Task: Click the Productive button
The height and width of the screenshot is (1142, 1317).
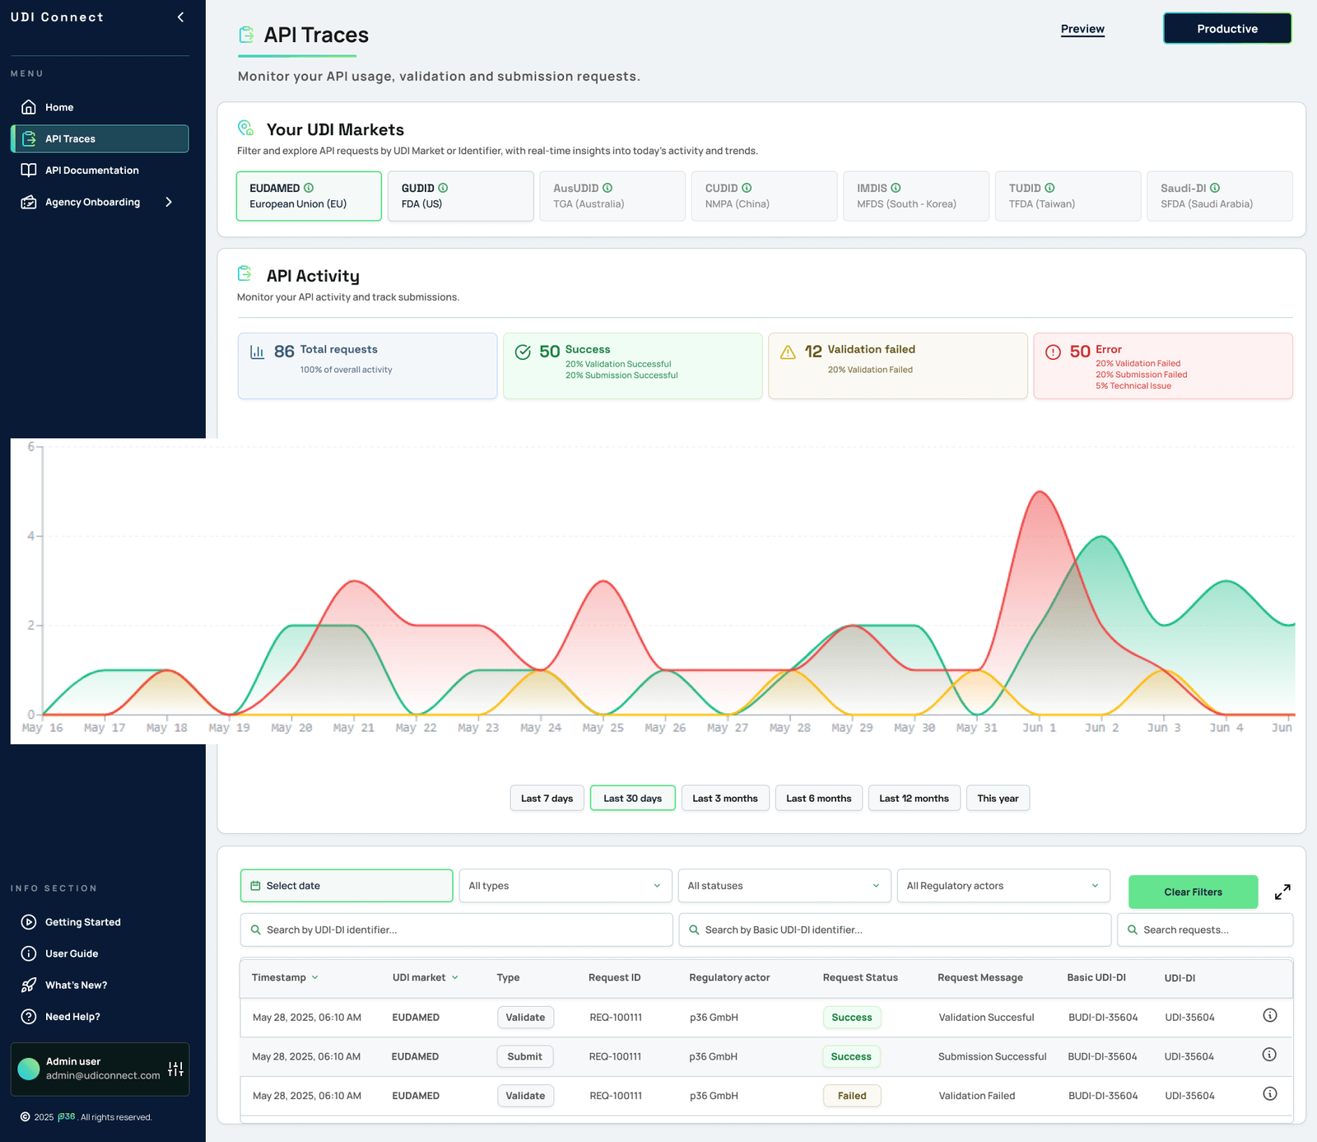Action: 1226,29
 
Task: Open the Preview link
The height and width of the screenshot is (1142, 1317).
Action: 1082,29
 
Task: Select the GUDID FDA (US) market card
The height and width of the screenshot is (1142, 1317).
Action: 460,196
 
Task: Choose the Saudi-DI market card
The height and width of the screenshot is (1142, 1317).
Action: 1219,196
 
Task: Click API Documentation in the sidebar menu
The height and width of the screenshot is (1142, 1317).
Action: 91,170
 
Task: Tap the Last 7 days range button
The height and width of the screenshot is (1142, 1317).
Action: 547,798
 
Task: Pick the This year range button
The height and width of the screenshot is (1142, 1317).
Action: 998,798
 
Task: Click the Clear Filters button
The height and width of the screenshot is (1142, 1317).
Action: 1193,892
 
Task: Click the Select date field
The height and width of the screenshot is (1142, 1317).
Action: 346,886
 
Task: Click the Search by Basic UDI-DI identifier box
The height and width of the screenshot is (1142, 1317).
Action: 894,930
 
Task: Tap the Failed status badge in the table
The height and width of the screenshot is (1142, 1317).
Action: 852,1096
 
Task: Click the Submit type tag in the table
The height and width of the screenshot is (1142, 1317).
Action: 524,1056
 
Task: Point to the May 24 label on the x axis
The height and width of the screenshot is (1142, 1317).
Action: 541,728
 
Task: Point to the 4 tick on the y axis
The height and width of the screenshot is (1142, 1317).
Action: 31,536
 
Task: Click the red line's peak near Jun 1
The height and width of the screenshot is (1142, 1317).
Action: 1040,492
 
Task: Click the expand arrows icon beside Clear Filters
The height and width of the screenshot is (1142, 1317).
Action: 1282,892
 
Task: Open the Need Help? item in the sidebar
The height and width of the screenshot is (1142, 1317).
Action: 72,1017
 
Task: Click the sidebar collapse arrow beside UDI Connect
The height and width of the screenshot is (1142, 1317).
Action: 180,17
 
